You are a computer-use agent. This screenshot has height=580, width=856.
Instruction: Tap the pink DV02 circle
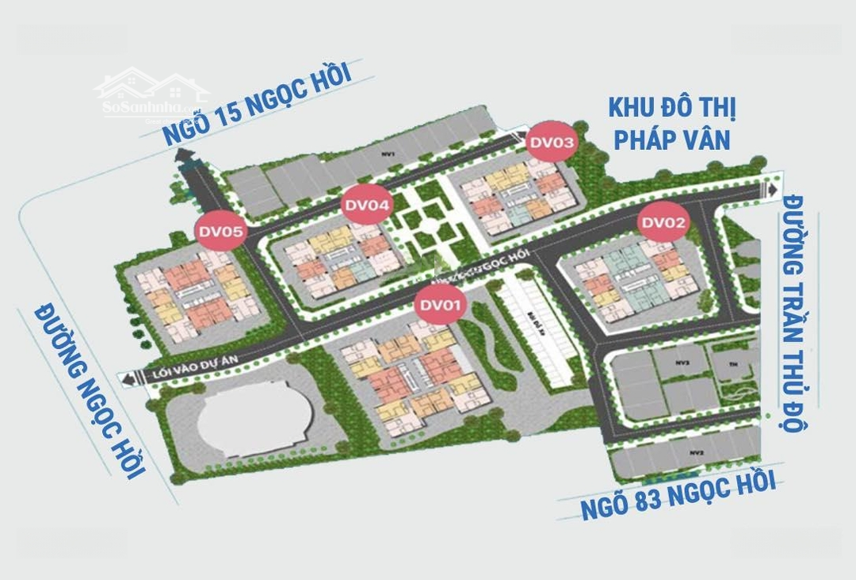pos(663,223)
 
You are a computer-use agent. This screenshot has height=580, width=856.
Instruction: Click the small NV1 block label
pos(387,153)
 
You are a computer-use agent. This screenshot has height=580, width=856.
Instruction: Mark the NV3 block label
pos(682,362)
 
